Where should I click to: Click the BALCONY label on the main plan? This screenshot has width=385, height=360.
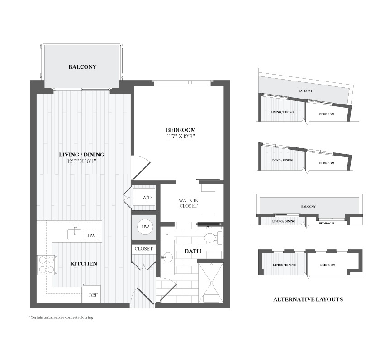click(x=82, y=67)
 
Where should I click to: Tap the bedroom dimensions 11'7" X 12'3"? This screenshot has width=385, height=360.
click(x=181, y=137)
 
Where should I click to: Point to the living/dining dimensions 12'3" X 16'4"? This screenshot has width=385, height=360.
click(x=81, y=161)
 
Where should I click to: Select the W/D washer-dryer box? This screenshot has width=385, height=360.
click(x=144, y=197)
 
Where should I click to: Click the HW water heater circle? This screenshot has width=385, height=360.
click(x=145, y=227)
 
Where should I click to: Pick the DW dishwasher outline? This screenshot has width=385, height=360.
click(x=92, y=236)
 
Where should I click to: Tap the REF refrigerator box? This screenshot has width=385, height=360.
click(x=91, y=294)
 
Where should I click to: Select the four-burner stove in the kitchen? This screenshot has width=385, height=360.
click(x=47, y=265)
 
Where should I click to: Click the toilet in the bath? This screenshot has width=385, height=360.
click(x=214, y=237)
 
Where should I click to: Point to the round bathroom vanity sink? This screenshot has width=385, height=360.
click(x=168, y=257)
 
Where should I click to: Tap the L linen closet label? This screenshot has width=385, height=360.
click(x=167, y=233)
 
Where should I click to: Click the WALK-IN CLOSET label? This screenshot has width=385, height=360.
click(x=188, y=203)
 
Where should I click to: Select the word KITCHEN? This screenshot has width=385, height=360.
click(x=84, y=264)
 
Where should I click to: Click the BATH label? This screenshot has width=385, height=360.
click(x=193, y=251)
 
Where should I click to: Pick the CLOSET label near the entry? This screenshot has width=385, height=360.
click(x=143, y=249)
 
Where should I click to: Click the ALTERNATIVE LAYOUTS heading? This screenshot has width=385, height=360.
click(x=308, y=299)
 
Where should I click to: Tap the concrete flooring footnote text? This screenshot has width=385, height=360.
click(x=61, y=317)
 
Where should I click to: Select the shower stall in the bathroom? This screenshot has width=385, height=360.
click(x=211, y=283)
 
